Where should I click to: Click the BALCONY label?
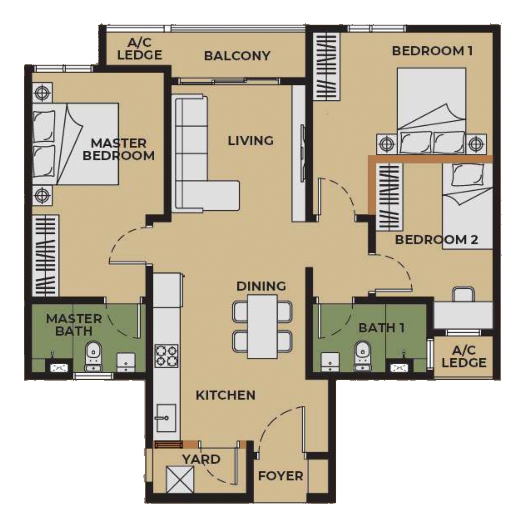tap(237, 56)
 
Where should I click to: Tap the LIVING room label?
tap(250, 141)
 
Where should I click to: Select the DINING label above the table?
tap(261, 286)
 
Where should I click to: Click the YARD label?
tap(201, 459)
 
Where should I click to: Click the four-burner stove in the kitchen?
tap(166, 355)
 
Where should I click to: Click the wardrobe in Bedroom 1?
tap(326, 67)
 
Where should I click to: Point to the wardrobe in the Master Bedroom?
tap(45, 255)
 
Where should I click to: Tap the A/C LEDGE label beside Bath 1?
tap(464, 357)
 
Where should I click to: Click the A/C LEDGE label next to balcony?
tap(140, 49)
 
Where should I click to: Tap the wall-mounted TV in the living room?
tap(303, 153)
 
